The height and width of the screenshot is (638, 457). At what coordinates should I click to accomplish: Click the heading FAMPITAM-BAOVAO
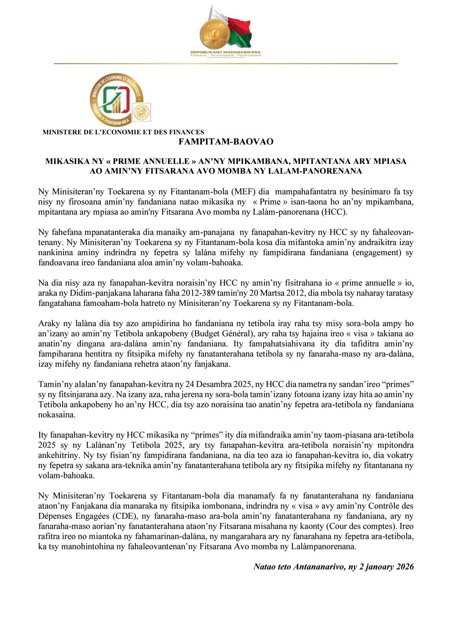226,142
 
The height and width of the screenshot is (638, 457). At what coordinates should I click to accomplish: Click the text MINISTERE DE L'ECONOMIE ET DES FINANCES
123,132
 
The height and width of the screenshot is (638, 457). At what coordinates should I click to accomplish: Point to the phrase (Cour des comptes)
382,526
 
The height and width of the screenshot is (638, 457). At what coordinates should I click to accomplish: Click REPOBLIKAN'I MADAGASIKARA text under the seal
226,52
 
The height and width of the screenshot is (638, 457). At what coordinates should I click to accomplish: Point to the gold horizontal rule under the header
226,63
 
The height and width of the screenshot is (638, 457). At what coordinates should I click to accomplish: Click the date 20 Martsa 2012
270,293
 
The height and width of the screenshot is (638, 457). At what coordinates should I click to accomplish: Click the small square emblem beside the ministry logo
141,112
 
